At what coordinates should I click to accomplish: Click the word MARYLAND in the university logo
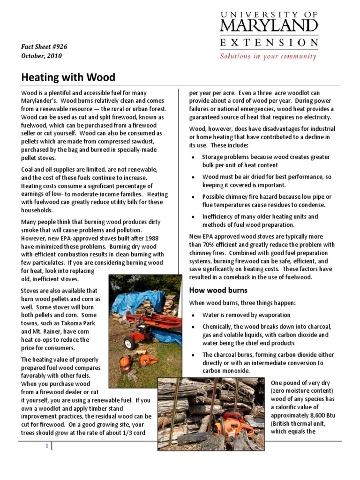269,25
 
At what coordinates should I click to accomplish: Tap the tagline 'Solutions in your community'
268,56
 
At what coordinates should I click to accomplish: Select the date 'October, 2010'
41,56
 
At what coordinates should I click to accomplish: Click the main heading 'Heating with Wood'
68,77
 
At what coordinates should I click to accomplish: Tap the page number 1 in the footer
46,446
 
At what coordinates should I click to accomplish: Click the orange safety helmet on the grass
125,361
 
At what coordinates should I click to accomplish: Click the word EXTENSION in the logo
269,42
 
